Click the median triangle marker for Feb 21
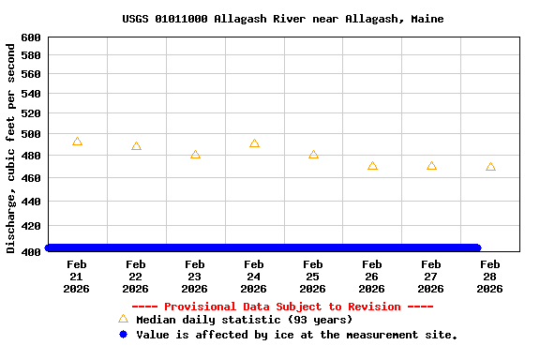(x=77, y=142)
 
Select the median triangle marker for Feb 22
(x=136, y=146)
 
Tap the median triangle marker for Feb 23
(x=195, y=155)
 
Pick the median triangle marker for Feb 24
(x=254, y=143)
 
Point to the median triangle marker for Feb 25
(x=313, y=155)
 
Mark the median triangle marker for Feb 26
(x=372, y=166)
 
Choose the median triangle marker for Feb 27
(x=431, y=166)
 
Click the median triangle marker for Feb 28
(x=490, y=167)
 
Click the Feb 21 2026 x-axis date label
(x=77, y=277)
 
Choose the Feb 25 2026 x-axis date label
(x=313, y=277)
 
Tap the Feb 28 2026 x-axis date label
(x=490, y=277)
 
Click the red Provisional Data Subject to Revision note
(x=282, y=307)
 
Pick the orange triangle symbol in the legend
(x=123, y=320)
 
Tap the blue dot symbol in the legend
(x=123, y=335)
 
